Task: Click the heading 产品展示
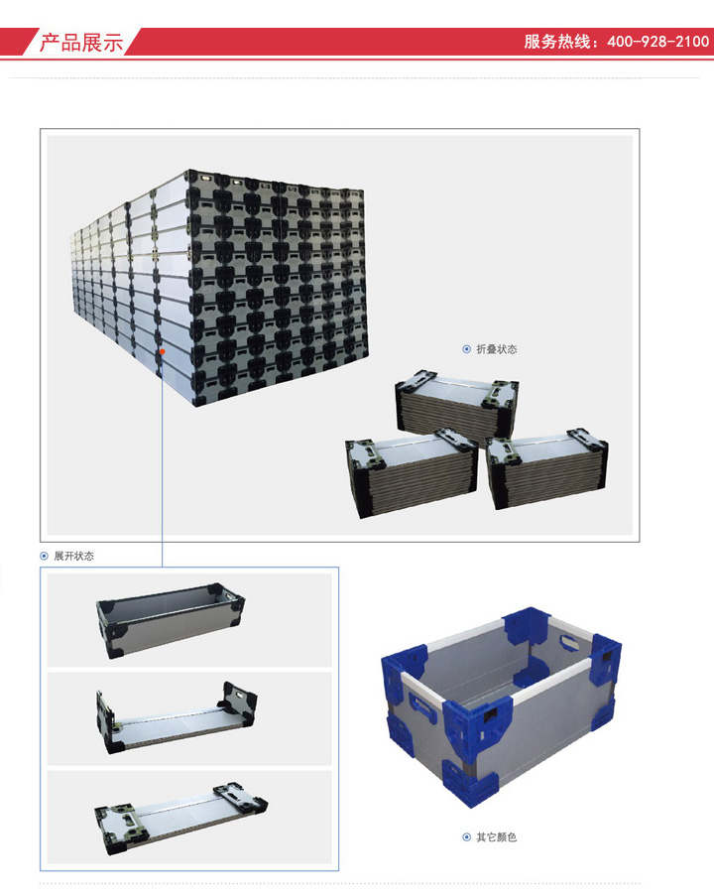pyautogui.click(x=81, y=43)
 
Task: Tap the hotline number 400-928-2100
pyautogui.click(x=657, y=42)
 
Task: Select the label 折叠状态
pyautogui.click(x=496, y=349)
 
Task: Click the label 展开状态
pyautogui.click(x=73, y=556)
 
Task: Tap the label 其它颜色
pyautogui.click(x=496, y=837)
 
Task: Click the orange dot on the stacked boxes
pyautogui.click(x=162, y=351)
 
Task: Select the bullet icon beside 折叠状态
pyautogui.click(x=466, y=349)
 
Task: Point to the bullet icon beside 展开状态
pyautogui.click(x=44, y=556)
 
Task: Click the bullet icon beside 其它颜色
pyautogui.click(x=466, y=837)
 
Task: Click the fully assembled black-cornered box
pyautogui.click(x=171, y=620)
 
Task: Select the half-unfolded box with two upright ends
pyautogui.click(x=177, y=717)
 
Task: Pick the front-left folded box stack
pyautogui.click(x=412, y=472)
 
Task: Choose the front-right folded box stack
pyautogui.click(x=547, y=468)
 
